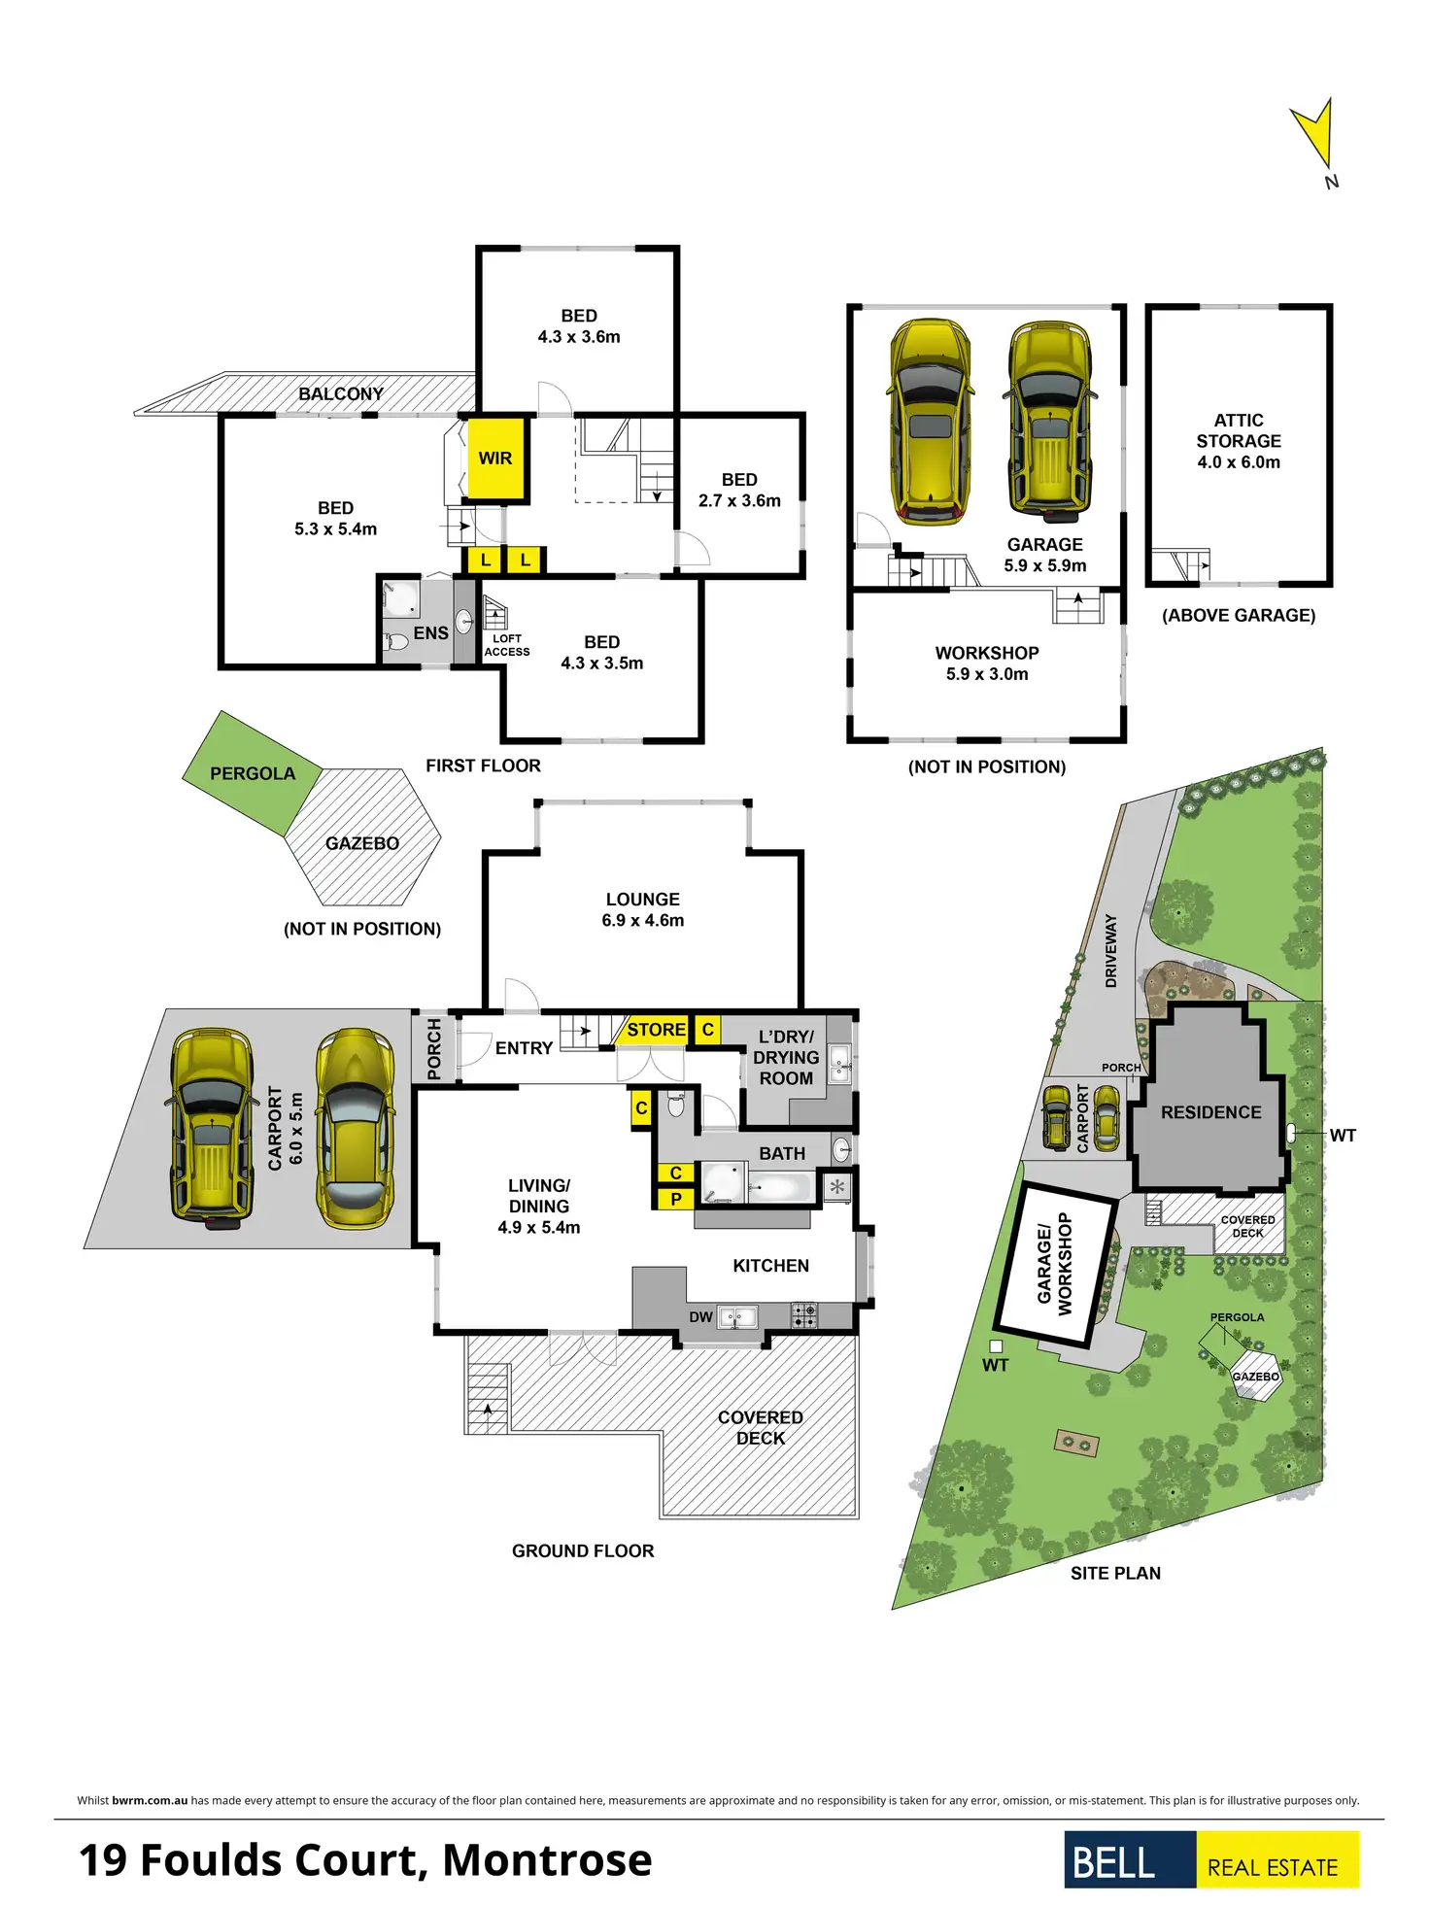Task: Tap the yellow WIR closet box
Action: (x=495, y=459)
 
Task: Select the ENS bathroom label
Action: (x=430, y=633)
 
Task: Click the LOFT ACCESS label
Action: (x=507, y=646)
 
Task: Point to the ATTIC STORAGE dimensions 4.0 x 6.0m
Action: (x=1239, y=462)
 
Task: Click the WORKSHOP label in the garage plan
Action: (x=987, y=653)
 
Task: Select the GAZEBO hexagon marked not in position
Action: (x=362, y=842)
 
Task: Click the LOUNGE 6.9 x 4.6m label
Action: (x=642, y=909)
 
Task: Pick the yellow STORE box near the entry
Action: (x=655, y=1030)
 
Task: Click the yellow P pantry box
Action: (x=676, y=1199)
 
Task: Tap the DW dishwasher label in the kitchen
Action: (x=700, y=1317)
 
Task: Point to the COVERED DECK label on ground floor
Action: (x=760, y=1427)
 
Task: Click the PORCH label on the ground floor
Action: (x=434, y=1049)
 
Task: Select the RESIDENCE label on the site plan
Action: (x=1210, y=1112)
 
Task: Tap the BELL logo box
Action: (x=1129, y=1859)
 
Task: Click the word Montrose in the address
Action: (x=547, y=1860)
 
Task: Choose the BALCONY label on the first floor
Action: (x=340, y=393)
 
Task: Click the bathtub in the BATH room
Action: (x=780, y=1187)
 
